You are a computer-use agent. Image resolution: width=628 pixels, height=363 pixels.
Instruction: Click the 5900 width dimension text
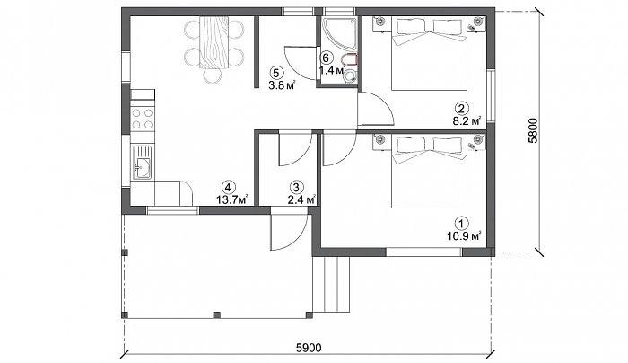point(309,348)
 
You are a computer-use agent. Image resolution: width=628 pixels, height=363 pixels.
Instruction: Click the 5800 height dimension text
point(533,131)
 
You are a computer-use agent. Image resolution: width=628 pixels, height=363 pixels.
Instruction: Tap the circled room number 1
point(462,223)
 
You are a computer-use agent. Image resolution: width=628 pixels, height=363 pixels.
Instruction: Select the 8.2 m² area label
point(467,121)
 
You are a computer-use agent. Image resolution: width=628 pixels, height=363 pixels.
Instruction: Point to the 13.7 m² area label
point(231,199)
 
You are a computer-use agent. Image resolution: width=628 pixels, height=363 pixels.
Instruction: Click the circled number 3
point(296,187)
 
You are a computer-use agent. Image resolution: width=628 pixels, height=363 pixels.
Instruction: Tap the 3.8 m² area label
point(282,84)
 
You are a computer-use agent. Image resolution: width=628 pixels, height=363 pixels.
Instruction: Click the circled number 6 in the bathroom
point(326,58)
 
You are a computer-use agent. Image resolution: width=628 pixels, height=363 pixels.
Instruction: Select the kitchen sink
point(142,163)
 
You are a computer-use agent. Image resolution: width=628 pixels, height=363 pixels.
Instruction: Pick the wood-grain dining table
point(214,42)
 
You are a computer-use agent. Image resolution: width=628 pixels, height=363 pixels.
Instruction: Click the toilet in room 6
point(350,60)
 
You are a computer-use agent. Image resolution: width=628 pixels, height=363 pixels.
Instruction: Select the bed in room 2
point(430,53)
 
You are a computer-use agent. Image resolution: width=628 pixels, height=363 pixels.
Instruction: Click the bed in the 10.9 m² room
point(430,172)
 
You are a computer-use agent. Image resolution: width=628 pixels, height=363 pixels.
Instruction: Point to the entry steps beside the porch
point(332,285)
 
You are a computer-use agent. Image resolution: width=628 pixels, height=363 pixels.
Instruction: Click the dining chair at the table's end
point(213,75)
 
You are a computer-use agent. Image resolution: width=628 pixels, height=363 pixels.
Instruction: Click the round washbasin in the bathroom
point(351,75)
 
